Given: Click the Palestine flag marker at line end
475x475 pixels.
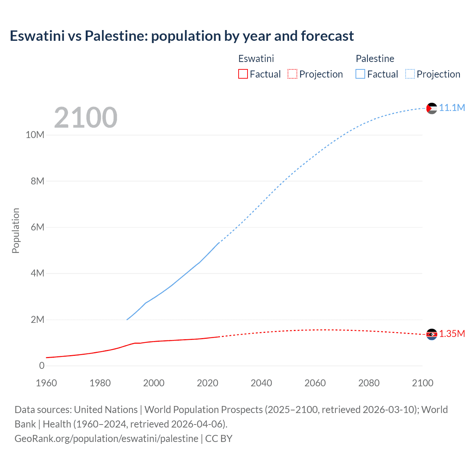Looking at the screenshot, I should point(432,108).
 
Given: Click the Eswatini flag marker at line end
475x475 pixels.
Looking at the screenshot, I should point(432,334).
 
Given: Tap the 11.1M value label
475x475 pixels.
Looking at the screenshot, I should point(452,108).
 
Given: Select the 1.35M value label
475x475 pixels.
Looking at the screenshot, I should point(452,334).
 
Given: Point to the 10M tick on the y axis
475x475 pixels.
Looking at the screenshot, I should point(35,135).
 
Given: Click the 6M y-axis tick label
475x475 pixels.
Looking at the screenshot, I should point(37,227).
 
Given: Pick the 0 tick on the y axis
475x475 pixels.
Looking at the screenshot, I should point(42,366).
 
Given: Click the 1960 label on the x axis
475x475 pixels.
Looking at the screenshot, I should point(46,383).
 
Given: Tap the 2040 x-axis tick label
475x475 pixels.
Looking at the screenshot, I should point(261,383).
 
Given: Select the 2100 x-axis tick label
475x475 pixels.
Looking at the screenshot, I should point(422,383).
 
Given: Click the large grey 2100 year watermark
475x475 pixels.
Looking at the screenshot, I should point(86,118).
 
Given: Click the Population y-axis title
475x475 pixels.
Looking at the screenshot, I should point(16,230).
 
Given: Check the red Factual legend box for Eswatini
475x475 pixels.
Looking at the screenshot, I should point(243,74).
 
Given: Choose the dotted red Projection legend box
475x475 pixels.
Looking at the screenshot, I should point(292,74).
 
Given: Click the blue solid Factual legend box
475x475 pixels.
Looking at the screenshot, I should point(360,74).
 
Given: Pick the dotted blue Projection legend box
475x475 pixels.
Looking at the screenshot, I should point(410,74).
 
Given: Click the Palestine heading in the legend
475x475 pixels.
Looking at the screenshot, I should point(375,59).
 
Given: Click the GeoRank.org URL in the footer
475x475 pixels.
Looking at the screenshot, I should point(107,438).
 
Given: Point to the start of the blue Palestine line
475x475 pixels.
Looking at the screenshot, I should point(127,319).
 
